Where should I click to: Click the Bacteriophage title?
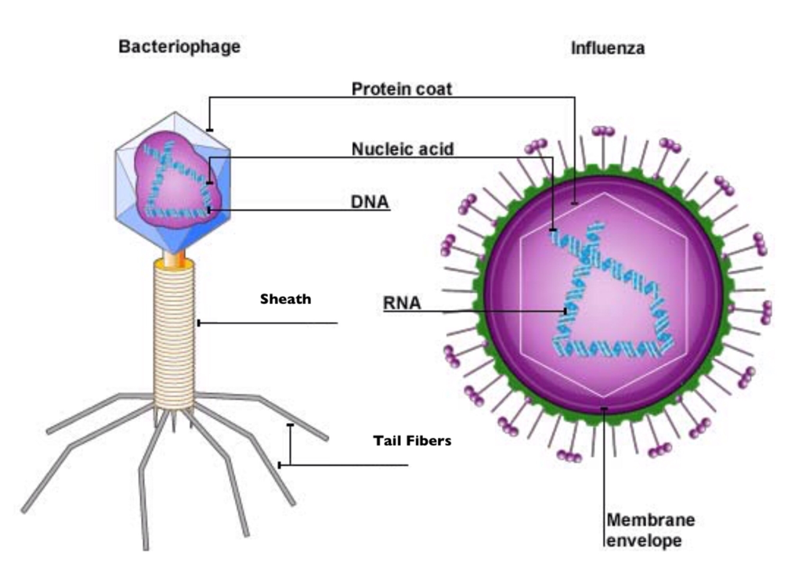[x=179, y=47]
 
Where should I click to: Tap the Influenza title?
[x=607, y=49]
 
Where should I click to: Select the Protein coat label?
[x=401, y=88]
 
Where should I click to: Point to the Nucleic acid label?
[x=402, y=149]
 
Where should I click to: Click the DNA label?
[x=369, y=202]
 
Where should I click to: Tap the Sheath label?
[x=286, y=298]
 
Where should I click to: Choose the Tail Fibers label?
[x=412, y=441]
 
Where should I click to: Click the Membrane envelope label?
[x=650, y=529]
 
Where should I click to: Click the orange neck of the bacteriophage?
[x=173, y=258]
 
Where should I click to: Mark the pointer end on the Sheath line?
[x=199, y=323]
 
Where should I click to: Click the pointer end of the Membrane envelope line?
[x=604, y=408]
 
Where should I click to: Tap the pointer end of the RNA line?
[x=565, y=311]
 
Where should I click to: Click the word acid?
[x=435, y=149]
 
